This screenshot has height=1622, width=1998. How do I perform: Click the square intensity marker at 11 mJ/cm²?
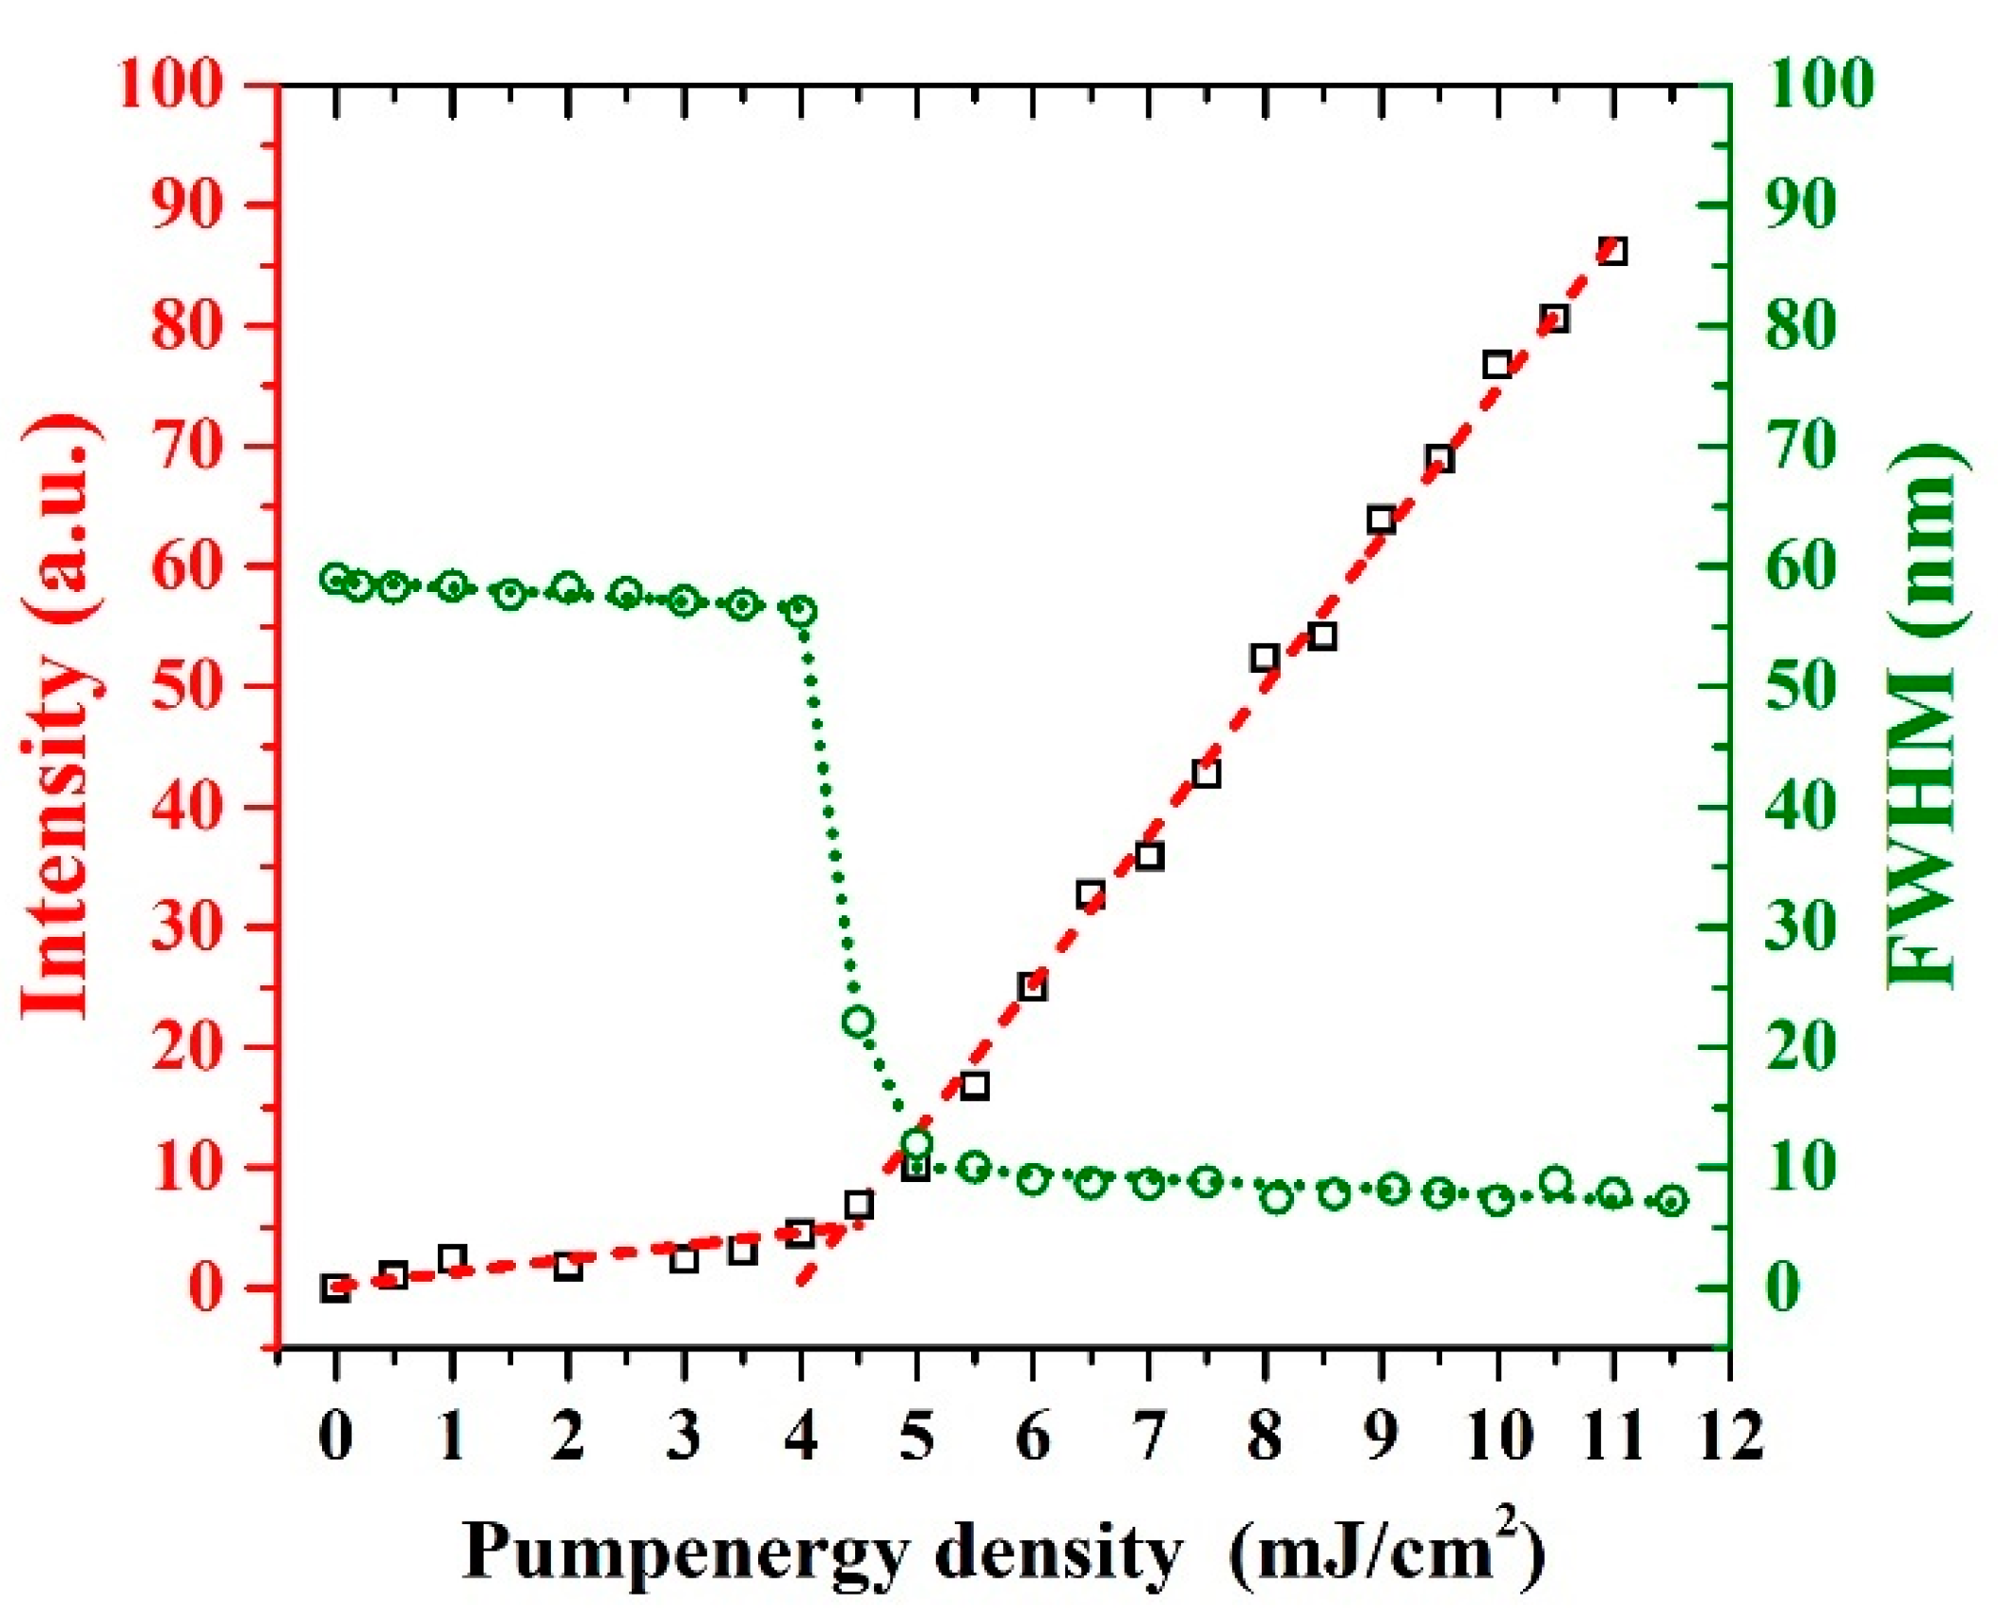pyautogui.click(x=1612, y=252)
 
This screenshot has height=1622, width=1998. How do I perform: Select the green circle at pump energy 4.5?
pyautogui.click(x=858, y=1021)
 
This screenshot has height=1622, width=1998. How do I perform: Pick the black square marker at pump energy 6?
pyautogui.click(x=1033, y=986)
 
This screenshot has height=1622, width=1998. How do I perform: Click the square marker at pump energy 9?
pyautogui.click(x=1380, y=520)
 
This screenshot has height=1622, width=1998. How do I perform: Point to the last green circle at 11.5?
pyautogui.click(x=1672, y=1201)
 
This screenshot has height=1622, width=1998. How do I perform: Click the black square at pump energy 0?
pyautogui.click(x=334, y=1288)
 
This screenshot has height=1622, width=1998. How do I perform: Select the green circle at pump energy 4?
pyautogui.click(x=802, y=611)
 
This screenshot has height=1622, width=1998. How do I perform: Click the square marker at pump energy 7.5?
pyautogui.click(x=1207, y=773)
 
